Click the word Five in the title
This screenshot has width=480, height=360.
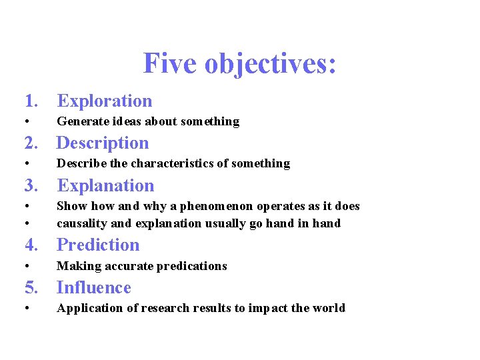tap(171, 64)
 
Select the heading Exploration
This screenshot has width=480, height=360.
tap(105, 101)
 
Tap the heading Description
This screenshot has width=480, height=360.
tap(103, 143)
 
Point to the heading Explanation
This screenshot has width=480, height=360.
tap(105, 185)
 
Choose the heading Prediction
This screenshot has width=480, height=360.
tap(99, 245)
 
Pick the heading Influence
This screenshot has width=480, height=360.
tap(94, 287)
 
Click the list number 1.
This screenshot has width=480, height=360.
tap(30, 101)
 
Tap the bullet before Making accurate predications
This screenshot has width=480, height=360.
tap(26, 266)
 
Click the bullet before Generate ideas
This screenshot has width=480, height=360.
tap(26, 121)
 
